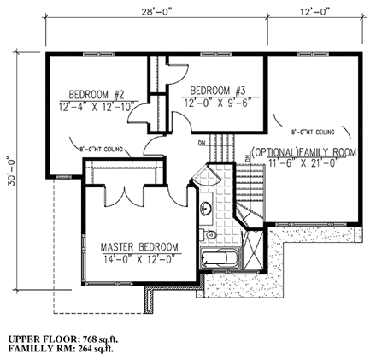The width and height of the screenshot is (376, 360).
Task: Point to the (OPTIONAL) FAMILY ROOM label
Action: (x=303, y=151)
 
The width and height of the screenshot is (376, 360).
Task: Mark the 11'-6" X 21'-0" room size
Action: (x=303, y=162)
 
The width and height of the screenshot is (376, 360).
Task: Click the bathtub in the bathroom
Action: (x=220, y=262)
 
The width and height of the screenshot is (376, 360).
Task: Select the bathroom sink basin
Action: (x=207, y=208)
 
